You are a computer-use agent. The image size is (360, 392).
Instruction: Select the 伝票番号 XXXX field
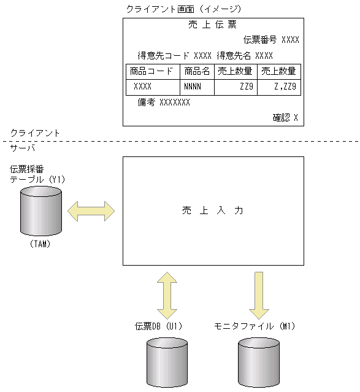coord(271,40)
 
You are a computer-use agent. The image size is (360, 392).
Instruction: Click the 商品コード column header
coord(153,71)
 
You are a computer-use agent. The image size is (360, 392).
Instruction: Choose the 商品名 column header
coord(197,71)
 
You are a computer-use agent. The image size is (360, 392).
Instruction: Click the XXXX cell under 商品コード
coord(142,87)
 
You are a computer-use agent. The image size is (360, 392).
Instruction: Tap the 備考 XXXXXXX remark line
coord(164,102)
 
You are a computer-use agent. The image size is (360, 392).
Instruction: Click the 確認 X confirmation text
coord(285,117)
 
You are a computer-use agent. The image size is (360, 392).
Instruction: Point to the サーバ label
coord(23,148)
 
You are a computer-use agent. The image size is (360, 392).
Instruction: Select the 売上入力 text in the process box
coord(213,210)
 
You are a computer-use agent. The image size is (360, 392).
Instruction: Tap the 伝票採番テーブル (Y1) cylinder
coord(40,211)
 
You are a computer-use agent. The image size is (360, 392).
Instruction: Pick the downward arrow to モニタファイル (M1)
coord(258,293)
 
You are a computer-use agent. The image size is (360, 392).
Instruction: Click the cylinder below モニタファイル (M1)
coord(258,363)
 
